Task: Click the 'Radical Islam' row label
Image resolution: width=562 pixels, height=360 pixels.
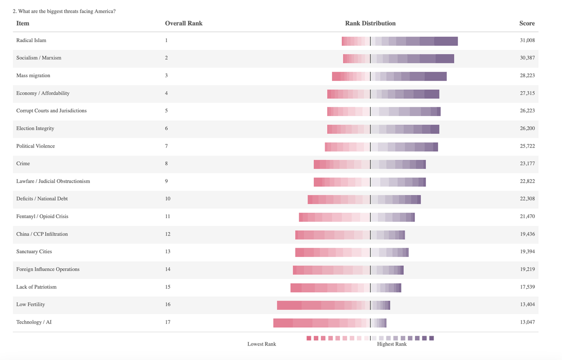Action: [31, 41]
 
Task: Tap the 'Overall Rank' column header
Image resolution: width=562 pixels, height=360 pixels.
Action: [184, 23]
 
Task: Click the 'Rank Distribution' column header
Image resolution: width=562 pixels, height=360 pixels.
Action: [370, 23]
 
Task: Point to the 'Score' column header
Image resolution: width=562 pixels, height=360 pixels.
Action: [527, 23]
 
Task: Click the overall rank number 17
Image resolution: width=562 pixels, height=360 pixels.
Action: [168, 322]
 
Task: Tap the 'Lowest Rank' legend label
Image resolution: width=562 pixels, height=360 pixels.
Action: [261, 344]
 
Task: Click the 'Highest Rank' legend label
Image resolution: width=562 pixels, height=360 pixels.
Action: [392, 344]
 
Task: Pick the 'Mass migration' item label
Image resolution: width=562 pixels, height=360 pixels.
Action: [33, 76]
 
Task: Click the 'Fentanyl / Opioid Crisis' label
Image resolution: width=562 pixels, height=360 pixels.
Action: [45, 217]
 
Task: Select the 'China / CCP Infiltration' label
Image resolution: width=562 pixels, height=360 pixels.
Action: [42, 234]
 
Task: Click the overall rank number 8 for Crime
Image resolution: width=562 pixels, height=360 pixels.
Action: [166, 164]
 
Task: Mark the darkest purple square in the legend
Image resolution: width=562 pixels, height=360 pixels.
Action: [432, 338]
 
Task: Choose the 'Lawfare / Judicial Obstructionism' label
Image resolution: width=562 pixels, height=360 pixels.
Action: [53, 181]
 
